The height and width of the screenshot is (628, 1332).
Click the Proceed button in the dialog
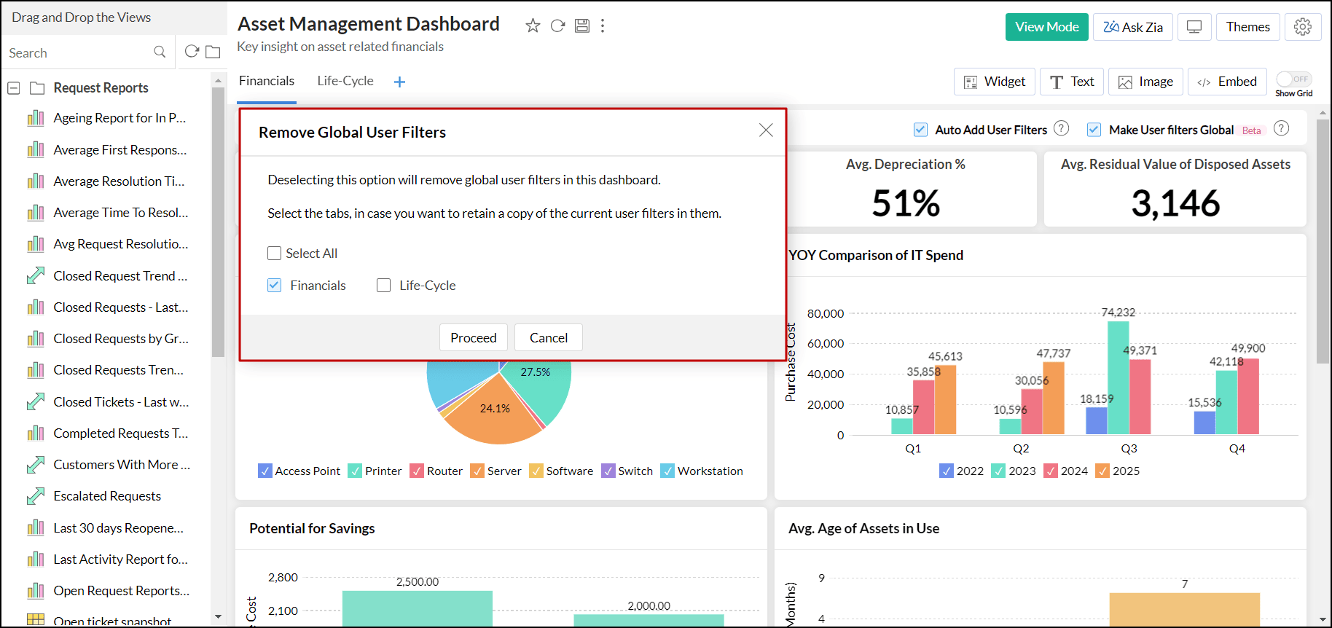(473, 337)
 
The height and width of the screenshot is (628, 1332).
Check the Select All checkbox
(275, 254)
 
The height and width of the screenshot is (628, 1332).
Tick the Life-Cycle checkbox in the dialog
(384, 286)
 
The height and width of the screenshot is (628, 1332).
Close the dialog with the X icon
(766, 130)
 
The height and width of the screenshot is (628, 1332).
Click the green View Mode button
(1046, 27)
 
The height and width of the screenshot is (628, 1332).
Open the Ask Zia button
(1132, 27)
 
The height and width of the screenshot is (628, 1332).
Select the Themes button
(1247, 27)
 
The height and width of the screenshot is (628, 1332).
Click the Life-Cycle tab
(345, 81)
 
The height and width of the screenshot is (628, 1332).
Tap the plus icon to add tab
(399, 82)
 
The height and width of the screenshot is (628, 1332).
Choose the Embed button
(1227, 82)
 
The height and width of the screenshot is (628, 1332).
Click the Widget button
(994, 82)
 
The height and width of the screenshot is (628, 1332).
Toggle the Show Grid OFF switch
(1293, 79)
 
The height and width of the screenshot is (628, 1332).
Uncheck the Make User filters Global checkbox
(1094, 130)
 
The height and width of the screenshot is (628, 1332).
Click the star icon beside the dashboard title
(533, 26)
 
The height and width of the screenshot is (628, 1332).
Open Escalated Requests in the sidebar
(107, 496)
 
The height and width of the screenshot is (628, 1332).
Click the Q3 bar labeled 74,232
(1118, 377)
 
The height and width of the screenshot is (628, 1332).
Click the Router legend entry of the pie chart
(436, 471)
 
